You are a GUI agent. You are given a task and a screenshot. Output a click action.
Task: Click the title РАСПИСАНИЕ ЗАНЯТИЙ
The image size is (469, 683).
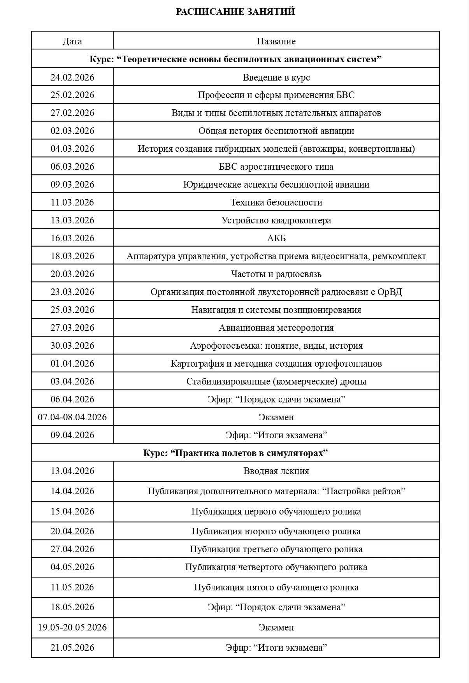click(235, 12)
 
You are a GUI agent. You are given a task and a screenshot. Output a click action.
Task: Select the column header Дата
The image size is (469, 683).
click(72, 41)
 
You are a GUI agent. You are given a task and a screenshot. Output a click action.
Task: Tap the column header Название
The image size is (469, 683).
click(276, 41)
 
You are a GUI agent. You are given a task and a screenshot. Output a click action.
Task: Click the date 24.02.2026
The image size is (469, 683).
click(72, 77)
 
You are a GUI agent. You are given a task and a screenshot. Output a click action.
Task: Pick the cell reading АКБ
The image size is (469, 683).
click(276, 238)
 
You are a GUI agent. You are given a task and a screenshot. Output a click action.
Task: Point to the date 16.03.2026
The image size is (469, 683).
click(72, 238)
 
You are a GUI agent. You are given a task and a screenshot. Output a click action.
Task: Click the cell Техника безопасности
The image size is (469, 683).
click(276, 202)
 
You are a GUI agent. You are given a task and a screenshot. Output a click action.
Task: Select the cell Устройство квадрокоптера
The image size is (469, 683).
click(276, 220)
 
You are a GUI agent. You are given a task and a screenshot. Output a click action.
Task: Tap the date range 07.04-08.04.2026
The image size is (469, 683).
click(72, 417)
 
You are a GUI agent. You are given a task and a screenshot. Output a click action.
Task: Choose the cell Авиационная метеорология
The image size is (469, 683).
click(276, 328)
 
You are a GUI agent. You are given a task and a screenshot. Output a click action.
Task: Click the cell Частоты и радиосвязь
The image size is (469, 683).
click(276, 274)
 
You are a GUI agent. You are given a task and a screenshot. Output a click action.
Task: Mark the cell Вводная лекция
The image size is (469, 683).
click(276, 471)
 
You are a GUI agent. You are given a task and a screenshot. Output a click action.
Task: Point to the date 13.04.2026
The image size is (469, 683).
click(72, 471)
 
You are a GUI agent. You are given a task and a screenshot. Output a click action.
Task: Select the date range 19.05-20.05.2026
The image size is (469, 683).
click(72, 627)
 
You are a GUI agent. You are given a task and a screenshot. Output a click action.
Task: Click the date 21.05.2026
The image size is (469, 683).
click(72, 648)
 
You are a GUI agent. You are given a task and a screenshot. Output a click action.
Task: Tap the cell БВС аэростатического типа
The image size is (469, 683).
click(276, 167)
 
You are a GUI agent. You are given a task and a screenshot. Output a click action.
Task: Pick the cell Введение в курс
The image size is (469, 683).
click(276, 77)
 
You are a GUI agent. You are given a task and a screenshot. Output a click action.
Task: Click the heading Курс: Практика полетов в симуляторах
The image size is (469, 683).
click(235, 453)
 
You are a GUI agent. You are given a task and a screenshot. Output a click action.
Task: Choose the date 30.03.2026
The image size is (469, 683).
click(72, 346)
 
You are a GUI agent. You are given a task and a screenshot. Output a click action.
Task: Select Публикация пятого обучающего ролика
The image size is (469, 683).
click(276, 587)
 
